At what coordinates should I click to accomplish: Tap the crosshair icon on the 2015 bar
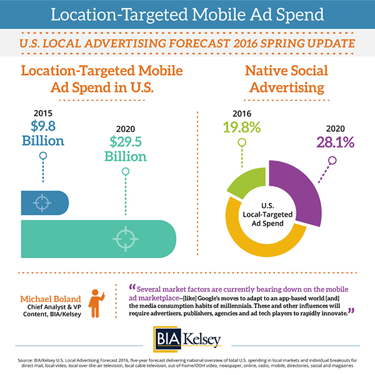(x=41, y=202)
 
